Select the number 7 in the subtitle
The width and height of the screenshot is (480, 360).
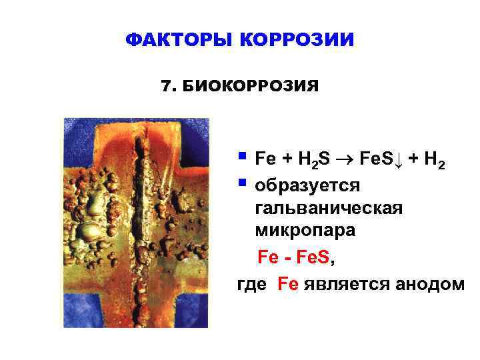[x=166, y=86]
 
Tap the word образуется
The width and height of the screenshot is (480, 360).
[x=307, y=183]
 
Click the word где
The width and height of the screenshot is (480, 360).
[x=252, y=284]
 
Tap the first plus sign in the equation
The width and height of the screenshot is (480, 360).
[x=287, y=159]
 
